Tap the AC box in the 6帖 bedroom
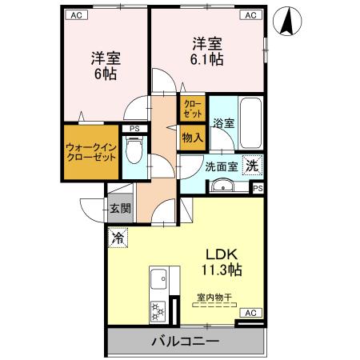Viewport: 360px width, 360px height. click(x=75, y=14)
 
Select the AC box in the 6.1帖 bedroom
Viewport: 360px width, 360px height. click(x=250, y=14)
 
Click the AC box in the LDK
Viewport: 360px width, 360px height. click(x=250, y=312)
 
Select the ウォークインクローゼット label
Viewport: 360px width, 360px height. click(x=91, y=152)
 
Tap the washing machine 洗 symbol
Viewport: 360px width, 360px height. click(x=251, y=167)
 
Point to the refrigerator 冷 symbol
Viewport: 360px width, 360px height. click(x=118, y=237)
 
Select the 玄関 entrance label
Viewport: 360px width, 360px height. click(x=121, y=209)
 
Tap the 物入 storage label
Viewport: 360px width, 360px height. click(x=193, y=138)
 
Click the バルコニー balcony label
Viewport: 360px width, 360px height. click(x=185, y=342)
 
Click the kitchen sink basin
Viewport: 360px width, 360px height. click(x=158, y=280)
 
